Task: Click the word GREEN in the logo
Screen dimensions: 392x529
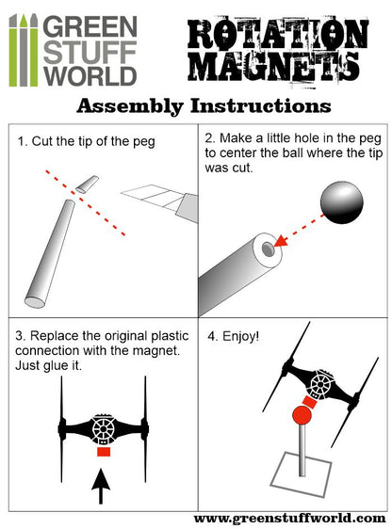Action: [90, 26]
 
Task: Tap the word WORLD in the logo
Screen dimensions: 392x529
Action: [90, 76]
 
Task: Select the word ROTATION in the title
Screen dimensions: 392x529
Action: [278, 33]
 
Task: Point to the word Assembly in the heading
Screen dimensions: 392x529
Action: [130, 106]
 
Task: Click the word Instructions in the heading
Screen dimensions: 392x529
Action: [260, 106]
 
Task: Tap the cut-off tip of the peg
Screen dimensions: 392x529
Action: [87, 184]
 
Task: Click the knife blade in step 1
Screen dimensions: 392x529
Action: [153, 198]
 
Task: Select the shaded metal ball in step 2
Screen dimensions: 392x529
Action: [342, 202]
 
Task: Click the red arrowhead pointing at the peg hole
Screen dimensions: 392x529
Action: [282, 241]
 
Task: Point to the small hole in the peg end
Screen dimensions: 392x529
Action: [268, 249]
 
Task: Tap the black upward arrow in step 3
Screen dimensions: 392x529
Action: [101, 486]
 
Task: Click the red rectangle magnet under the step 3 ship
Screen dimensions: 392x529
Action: [104, 452]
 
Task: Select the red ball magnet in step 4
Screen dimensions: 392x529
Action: [302, 415]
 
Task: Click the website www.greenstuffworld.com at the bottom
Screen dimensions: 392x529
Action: [290, 518]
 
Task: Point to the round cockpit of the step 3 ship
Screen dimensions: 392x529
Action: [103, 429]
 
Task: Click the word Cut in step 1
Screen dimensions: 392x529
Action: [42, 141]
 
